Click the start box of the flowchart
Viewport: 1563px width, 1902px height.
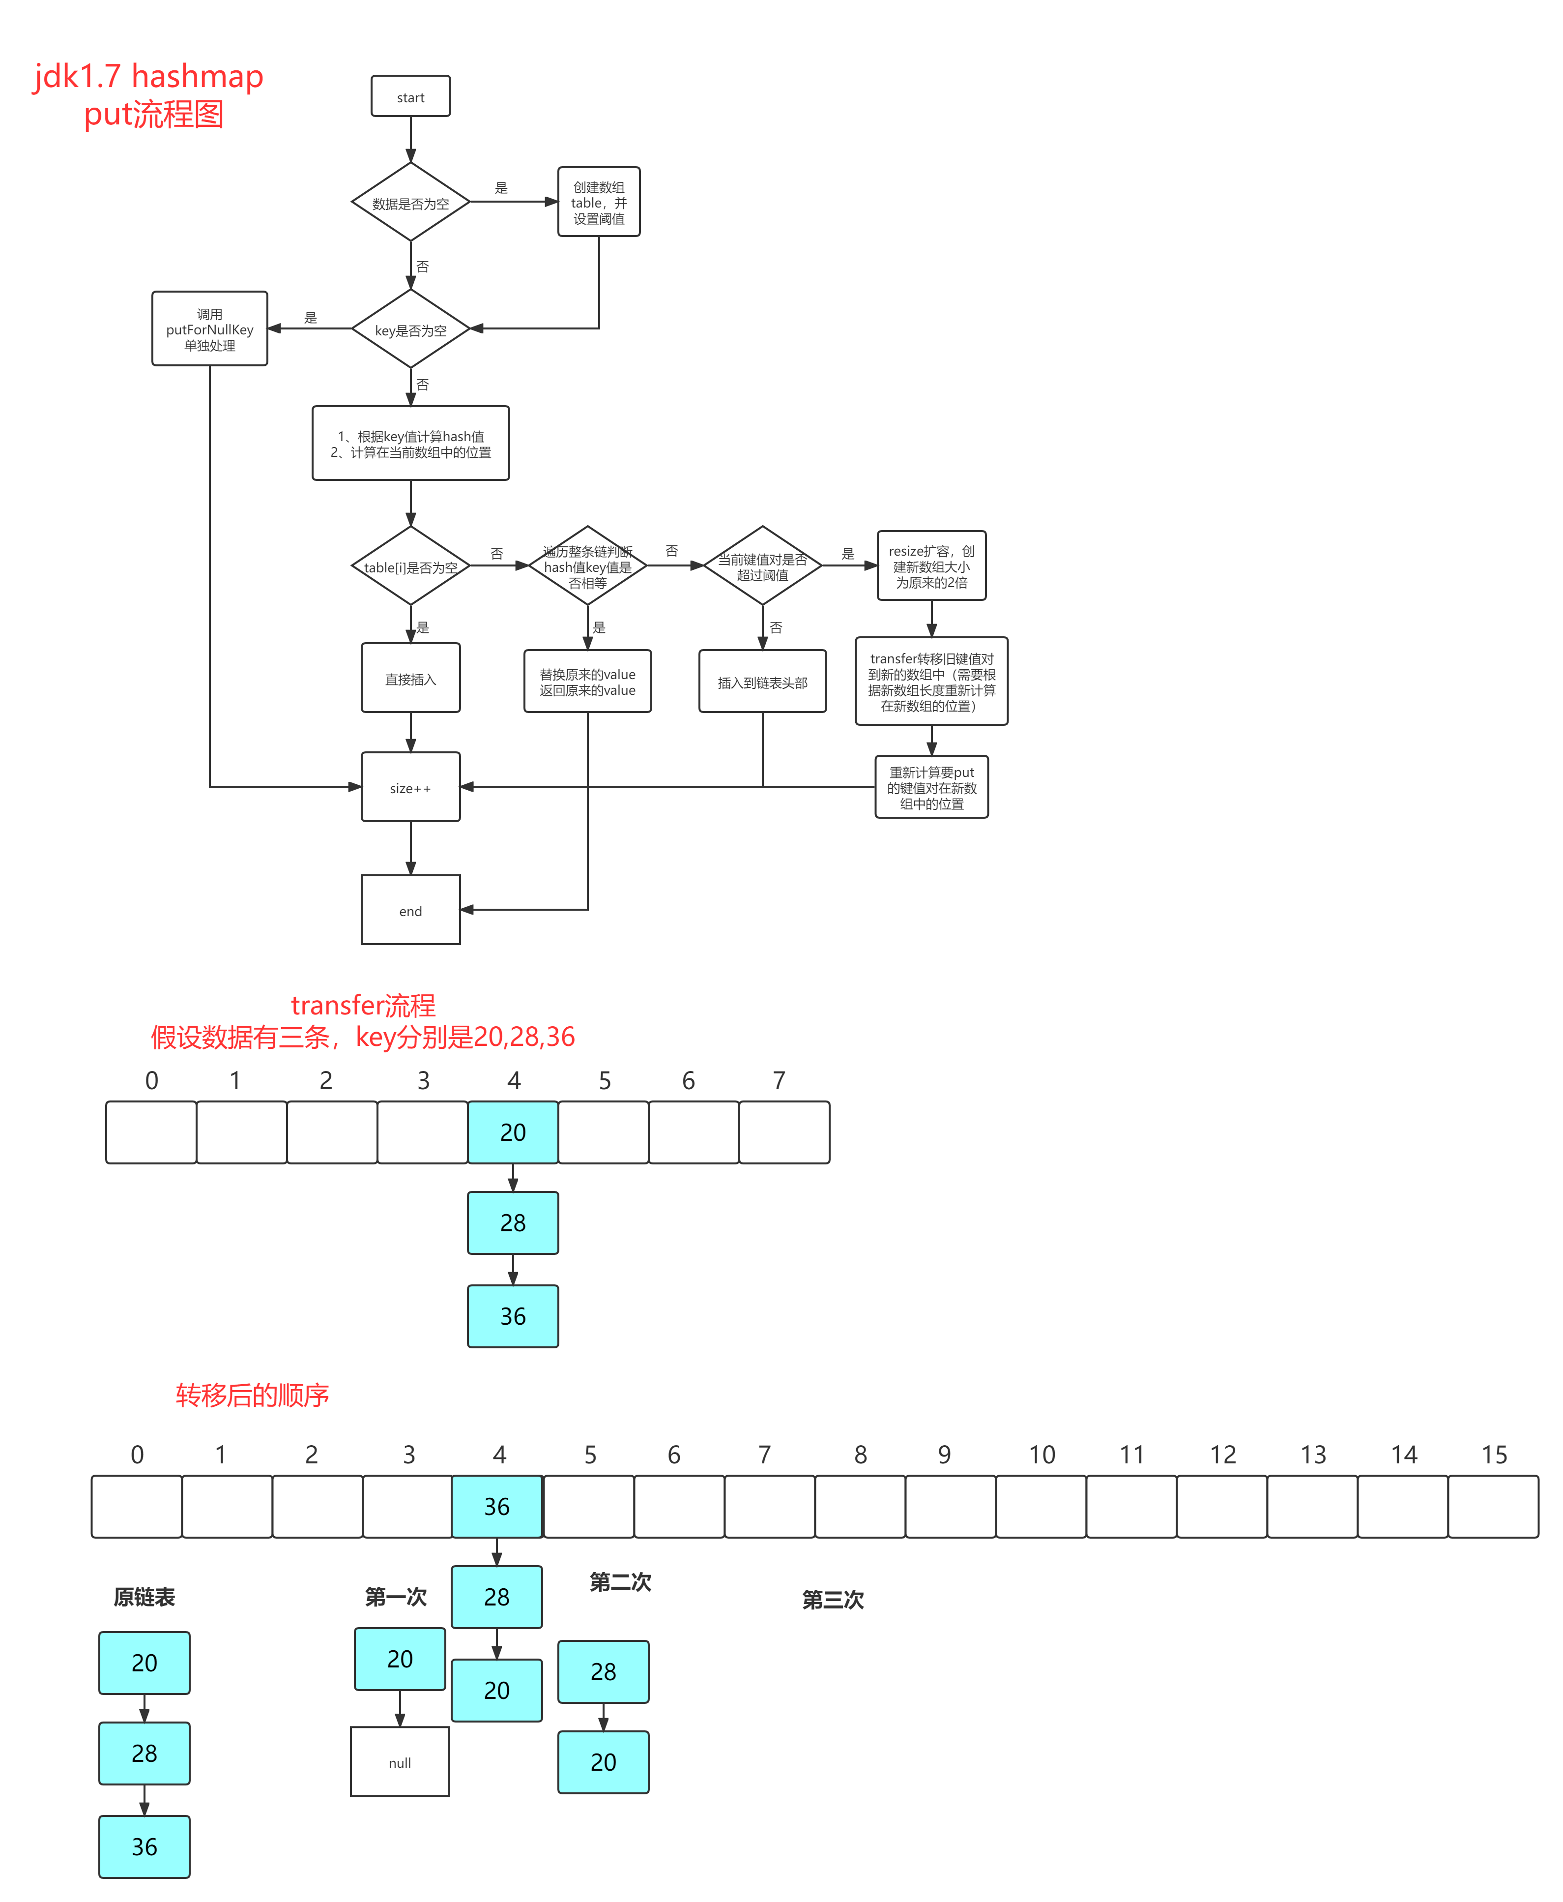point(410,96)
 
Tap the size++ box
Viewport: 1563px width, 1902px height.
point(410,787)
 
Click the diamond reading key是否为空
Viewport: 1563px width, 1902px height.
point(410,329)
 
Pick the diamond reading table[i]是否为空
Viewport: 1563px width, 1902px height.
point(410,566)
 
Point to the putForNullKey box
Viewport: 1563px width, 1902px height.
point(210,328)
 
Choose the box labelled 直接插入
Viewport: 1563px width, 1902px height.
point(410,678)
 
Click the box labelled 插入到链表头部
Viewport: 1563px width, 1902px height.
point(763,682)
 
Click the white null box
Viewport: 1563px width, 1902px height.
point(400,1761)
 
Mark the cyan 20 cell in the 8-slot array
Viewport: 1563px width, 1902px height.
point(513,1132)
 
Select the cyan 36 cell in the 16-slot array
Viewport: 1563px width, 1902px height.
point(497,1506)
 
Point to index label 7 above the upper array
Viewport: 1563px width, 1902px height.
point(779,1080)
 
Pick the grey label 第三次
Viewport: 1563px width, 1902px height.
point(833,1600)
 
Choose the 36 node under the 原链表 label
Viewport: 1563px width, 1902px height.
point(144,1846)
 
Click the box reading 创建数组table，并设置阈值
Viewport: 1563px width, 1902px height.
point(599,202)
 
